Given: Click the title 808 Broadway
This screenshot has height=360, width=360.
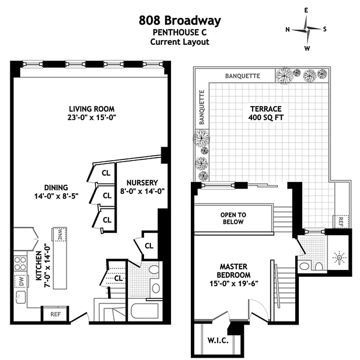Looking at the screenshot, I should coord(180,20).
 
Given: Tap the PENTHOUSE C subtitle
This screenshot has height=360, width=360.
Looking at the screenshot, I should coord(180,32).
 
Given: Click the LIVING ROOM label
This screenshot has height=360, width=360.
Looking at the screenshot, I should coord(91,109).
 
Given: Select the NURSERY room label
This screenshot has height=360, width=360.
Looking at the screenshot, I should coord(142,183).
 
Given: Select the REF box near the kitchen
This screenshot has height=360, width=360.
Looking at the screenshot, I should coord(55,314).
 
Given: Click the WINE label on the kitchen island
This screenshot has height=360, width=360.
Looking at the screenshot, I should coord(59,235).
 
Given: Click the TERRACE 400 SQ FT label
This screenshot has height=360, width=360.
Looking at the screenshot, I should coord(265,113).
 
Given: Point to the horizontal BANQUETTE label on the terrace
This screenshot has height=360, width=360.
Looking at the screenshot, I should coord(243,76).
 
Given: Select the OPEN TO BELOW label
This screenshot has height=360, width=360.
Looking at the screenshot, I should coord(233,218).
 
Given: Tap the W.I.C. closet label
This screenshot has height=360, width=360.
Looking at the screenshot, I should coord(218,341).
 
